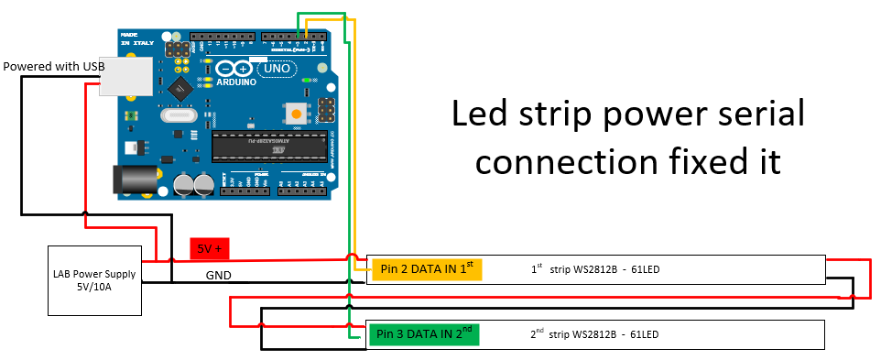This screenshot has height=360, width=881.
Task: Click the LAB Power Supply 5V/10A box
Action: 95,280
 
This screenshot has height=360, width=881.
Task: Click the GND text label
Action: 218,275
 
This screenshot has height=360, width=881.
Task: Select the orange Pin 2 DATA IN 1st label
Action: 426,268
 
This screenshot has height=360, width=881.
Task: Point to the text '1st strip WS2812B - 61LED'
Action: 595,270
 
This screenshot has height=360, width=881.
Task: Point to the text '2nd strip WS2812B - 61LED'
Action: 595,334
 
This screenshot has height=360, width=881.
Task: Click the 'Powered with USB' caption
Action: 53,66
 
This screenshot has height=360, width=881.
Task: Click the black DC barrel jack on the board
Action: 129,179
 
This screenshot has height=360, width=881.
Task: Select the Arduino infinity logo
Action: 234,69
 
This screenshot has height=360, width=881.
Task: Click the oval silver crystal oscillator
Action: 178,115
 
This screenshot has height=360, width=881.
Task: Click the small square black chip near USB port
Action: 179,88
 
